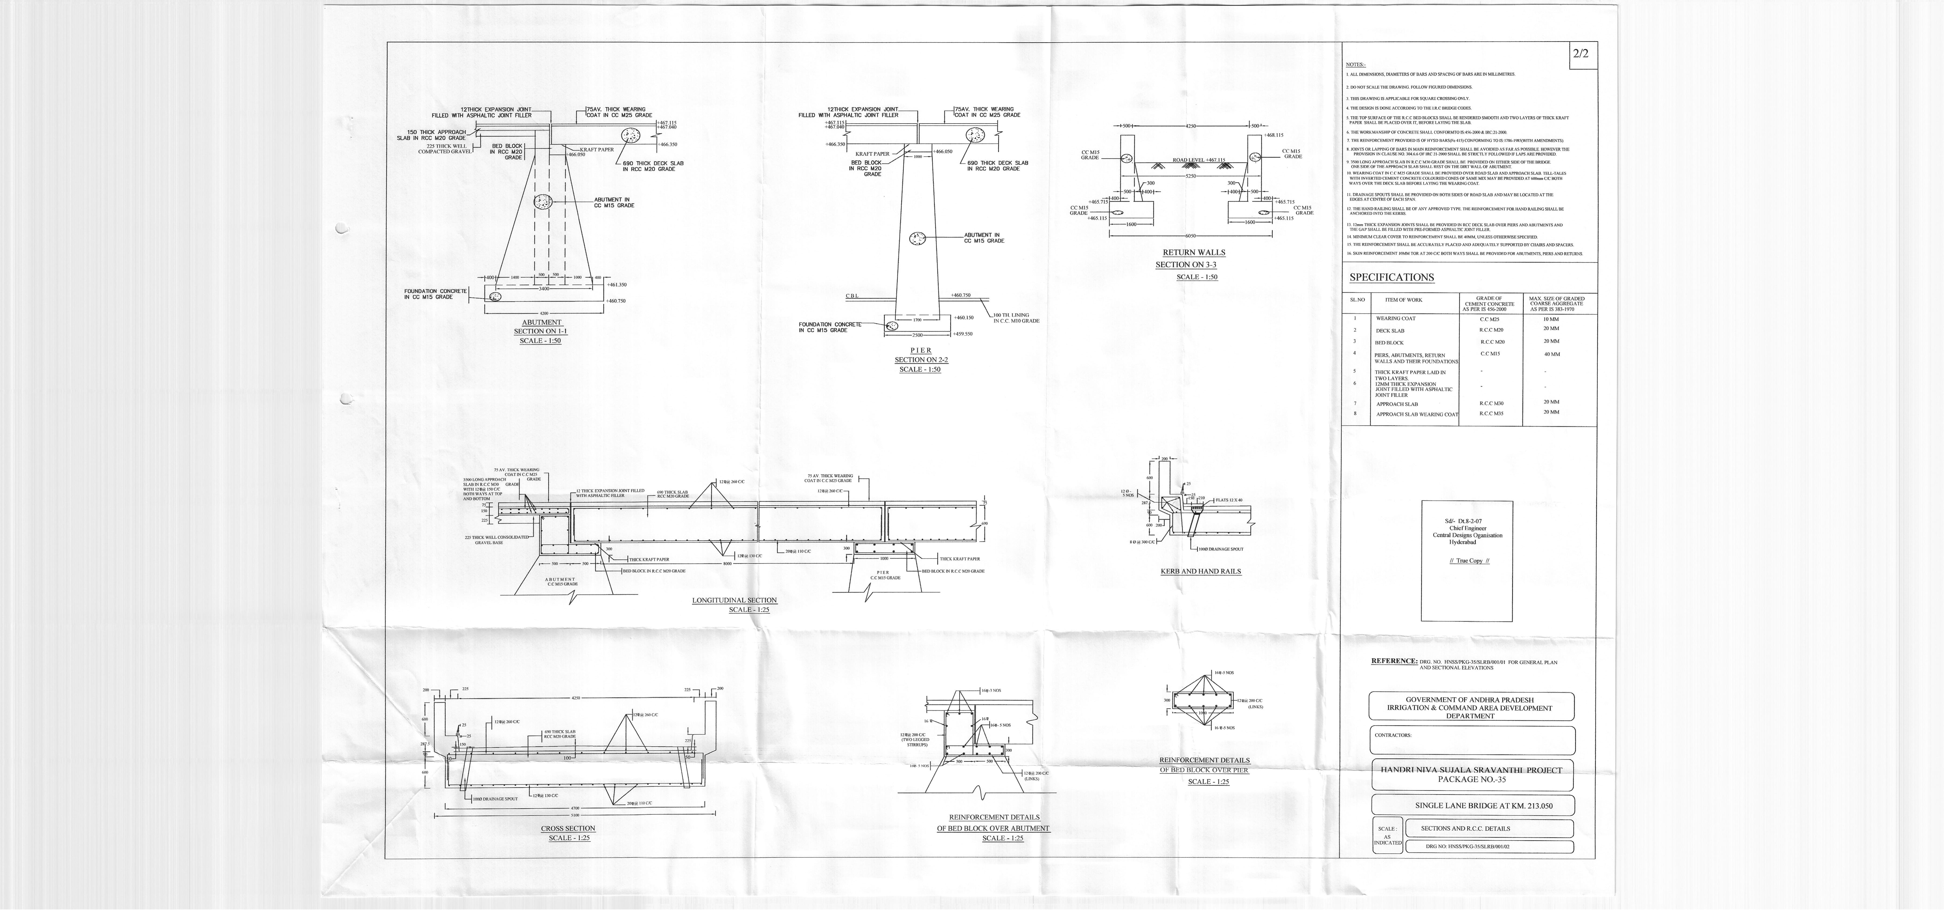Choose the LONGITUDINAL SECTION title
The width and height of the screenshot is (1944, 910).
734,601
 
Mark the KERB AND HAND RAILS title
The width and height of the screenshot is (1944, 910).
1201,571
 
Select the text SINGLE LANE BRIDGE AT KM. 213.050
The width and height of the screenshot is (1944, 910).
1472,806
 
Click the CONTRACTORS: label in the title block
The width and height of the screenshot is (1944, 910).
1393,735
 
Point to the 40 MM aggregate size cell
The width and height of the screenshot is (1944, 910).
1552,354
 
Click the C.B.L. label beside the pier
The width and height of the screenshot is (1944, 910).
852,296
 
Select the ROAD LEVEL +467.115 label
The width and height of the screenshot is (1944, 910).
1199,160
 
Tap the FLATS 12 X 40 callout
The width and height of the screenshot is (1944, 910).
1229,500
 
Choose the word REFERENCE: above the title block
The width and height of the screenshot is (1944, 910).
1394,662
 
